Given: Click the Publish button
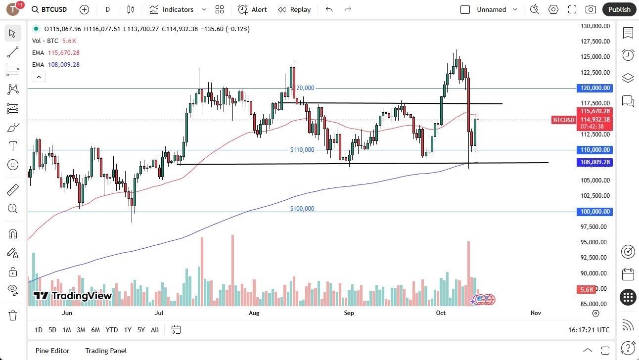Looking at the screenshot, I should pos(619,9).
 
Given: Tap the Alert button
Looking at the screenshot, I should pos(252,9).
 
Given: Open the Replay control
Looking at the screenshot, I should pos(294,9).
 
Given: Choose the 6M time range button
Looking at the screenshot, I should pos(95,330).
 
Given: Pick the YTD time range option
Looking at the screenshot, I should pos(112,330).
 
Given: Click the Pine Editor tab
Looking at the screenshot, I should pos(52,351).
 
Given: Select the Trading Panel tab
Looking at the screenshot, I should pos(106,351).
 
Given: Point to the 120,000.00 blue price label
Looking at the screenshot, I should pos(594,88).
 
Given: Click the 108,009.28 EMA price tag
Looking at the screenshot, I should pos(594,162).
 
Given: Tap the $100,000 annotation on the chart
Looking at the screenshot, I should pos(302,209).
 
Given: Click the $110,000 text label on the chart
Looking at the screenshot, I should pos(302,150).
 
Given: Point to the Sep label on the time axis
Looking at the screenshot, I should pos(349,313).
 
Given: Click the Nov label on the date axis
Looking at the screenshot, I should pos(536,313).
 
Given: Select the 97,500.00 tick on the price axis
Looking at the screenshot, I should pos(593,227).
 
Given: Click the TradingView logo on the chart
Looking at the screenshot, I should pos(73,296).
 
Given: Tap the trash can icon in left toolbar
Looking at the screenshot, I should pos(12,315).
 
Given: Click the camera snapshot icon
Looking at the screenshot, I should pos(591,9).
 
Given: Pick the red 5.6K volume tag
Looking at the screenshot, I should pos(587,289).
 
